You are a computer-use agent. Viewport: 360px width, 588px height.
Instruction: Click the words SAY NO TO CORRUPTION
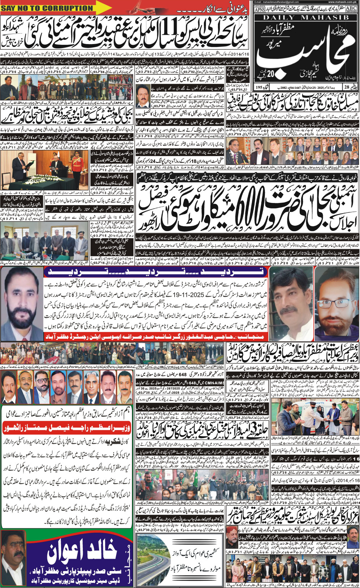coord(47,8)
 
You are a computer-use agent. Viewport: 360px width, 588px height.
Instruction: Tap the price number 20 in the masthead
coord(266,75)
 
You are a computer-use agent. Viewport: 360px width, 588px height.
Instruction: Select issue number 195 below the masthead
coord(258,87)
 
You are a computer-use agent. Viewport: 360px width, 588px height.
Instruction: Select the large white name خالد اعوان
coord(82,549)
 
